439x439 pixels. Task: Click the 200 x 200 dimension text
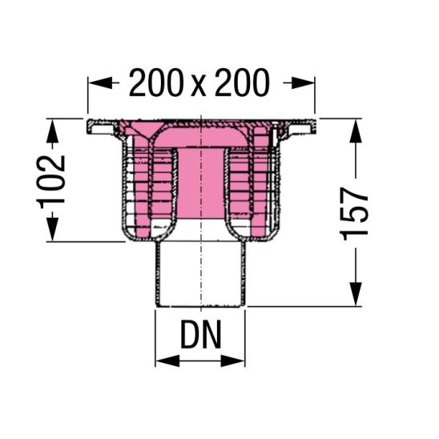coord(199,83)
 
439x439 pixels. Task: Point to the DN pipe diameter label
coord(201,334)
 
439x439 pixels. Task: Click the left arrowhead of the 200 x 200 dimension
coord(99,83)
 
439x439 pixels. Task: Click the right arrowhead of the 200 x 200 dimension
coord(303,83)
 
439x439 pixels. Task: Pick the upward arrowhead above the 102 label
coord(52,131)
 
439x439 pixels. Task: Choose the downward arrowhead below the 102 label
coord(52,228)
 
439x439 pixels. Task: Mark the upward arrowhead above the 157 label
coord(356,131)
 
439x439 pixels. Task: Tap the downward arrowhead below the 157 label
coord(356,294)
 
